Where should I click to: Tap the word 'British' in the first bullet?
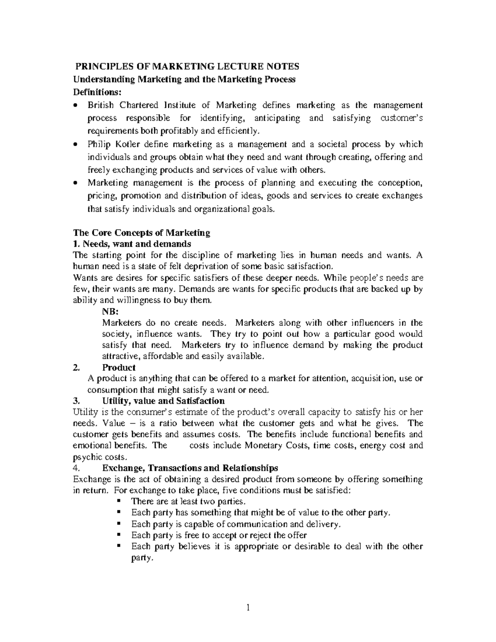pos(100,105)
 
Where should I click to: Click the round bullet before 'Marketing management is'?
pos(75,183)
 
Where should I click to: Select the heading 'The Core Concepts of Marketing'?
pos(141,233)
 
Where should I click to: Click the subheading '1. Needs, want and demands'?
pos(132,243)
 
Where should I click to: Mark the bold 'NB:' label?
pos(110,312)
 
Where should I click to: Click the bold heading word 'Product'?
pos(119,368)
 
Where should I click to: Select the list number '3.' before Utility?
pos(76,401)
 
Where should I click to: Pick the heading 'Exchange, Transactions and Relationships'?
pos(190,468)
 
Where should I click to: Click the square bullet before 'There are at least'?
pos(118,501)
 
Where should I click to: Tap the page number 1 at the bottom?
pos(248,608)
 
